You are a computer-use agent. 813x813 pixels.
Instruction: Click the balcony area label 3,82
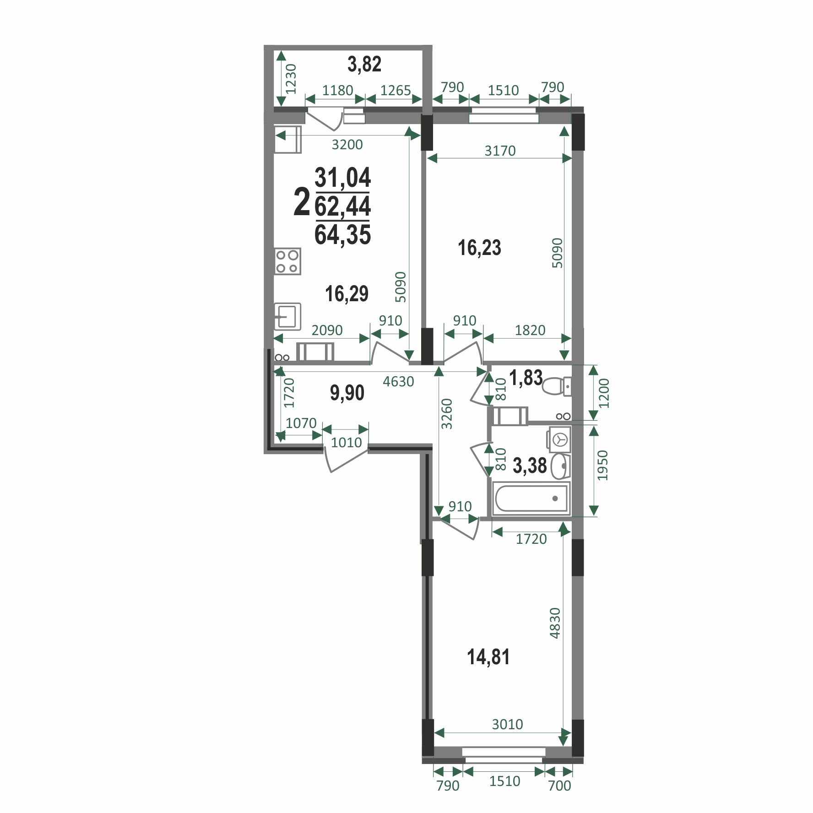coord(364,64)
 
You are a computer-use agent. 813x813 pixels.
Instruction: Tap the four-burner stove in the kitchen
coord(287,261)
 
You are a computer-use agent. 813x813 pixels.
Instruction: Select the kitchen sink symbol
coord(287,316)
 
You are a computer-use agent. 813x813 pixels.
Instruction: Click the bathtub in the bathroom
coord(531,498)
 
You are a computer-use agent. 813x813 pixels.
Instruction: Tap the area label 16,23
coord(479,248)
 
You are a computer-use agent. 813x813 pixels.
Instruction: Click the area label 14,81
coord(488,657)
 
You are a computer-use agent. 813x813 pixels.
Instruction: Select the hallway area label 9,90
coord(347,393)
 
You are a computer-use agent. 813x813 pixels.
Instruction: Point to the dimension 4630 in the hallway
coord(398,381)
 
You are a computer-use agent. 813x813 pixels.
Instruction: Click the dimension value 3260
coord(447,414)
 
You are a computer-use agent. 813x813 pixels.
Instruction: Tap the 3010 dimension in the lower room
coord(507,724)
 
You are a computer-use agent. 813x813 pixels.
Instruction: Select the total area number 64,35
coord(342,235)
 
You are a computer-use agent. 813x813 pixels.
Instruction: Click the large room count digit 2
coord(301,202)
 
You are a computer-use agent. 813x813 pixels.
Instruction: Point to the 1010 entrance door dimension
coord(346,443)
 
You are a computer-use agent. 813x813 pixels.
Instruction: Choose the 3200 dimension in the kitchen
coord(347,145)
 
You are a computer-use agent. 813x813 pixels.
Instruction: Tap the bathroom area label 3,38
coord(530,466)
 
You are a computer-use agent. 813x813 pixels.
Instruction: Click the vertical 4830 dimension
coord(555,623)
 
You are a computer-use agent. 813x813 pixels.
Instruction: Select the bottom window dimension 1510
coord(504,780)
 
